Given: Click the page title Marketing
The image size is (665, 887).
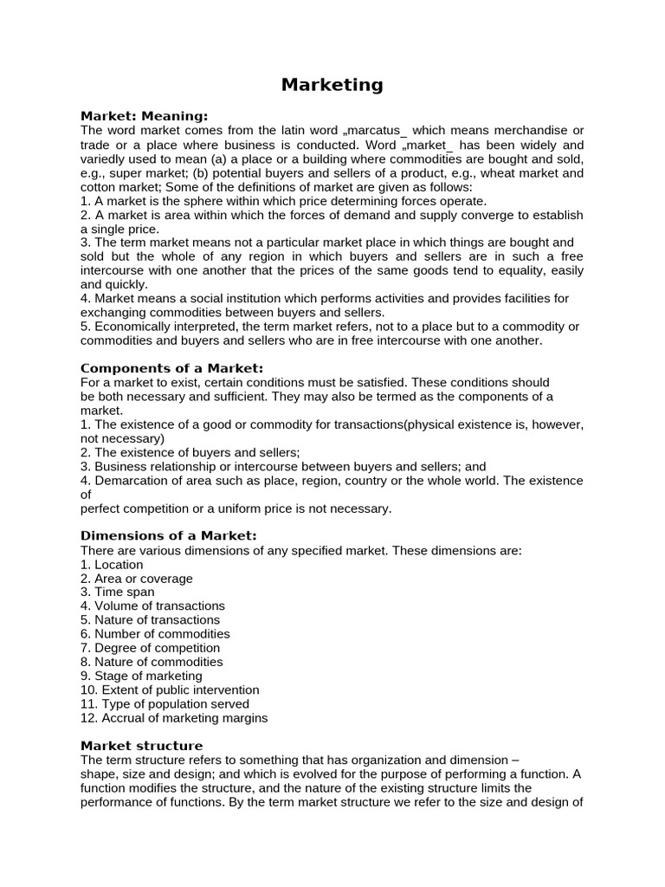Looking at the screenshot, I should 332,85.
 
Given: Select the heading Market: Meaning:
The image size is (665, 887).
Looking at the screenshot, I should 145,116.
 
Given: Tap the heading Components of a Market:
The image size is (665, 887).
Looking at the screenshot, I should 171,368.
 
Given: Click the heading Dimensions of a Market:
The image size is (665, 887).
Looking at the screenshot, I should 169,535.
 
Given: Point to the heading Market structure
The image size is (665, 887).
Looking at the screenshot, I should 142,746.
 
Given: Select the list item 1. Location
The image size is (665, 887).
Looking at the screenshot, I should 112,565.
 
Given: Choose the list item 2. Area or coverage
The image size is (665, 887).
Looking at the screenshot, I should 137,579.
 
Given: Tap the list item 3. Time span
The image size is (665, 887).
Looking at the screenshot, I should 118,592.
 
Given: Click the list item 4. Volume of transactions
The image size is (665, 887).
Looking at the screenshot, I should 152,606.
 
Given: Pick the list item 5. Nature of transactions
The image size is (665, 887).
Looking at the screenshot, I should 150,620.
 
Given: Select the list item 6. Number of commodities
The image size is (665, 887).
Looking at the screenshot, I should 155,634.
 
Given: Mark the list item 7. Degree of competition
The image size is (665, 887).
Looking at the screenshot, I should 150,648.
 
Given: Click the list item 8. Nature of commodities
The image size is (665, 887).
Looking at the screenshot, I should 152,662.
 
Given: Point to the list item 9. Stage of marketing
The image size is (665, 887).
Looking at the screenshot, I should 141,676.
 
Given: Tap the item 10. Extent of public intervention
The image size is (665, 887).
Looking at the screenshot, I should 170,690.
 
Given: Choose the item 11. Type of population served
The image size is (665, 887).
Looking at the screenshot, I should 165,704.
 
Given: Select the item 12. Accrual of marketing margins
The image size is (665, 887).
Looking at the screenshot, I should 174,718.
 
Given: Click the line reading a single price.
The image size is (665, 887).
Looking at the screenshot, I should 120,230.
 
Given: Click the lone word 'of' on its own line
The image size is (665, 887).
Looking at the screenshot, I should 86,495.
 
